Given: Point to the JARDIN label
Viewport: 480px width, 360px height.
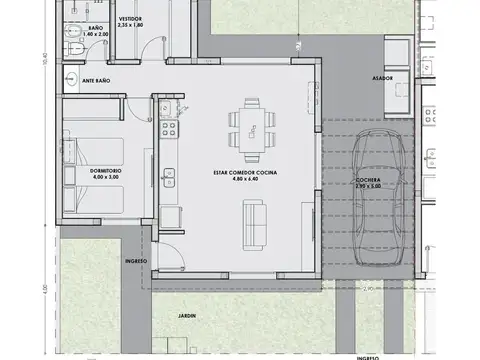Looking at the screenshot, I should [189, 316].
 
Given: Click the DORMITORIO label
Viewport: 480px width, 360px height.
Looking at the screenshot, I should [106, 170].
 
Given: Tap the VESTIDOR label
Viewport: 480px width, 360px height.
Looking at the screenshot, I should [130, 18].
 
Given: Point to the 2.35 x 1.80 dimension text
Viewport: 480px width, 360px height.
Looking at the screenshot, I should [131, 25].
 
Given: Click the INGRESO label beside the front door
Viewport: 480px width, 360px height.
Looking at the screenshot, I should [136, 261].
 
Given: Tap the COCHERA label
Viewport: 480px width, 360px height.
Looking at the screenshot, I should [368, 179].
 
